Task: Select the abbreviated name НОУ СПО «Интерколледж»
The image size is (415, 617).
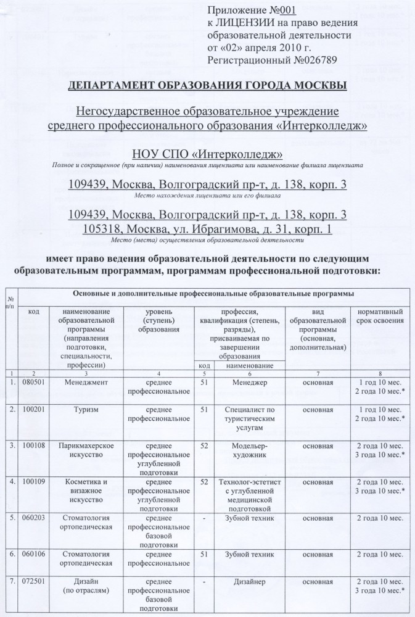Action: pos(208,154)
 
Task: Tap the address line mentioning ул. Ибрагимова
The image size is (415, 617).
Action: pos(208,229)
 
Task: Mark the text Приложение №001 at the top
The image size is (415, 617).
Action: pos(250,10)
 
